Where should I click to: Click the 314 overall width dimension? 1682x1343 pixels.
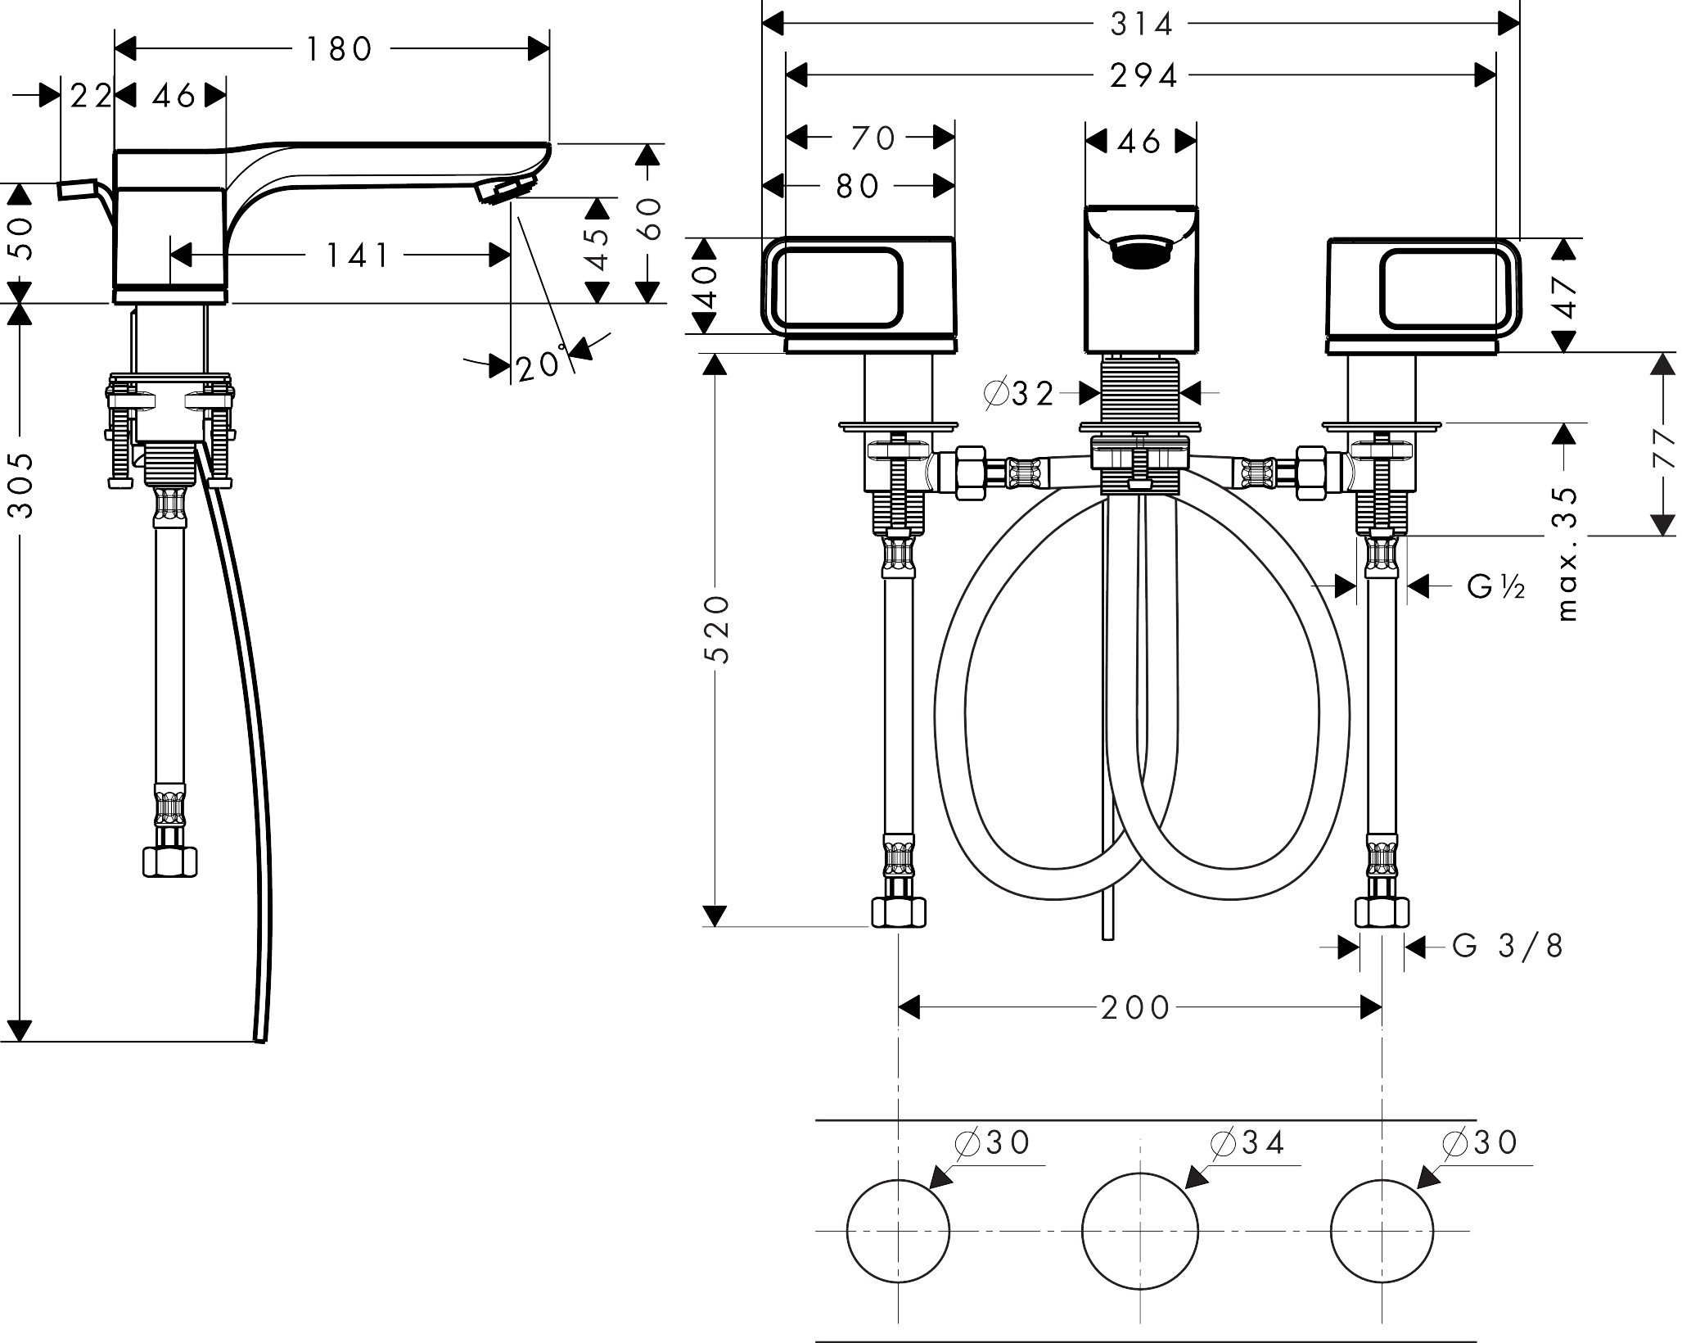pyautogui.click(x=1141, y=25)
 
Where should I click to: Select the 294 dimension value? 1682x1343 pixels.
pyautogui.click(x=1143, y=76)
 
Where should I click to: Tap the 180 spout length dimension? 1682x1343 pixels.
pyautogui.click(x=340, y=50)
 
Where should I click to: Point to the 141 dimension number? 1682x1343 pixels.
pyautogui.click(x=358, y=256)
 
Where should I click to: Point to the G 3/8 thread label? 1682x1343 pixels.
pyautogui.click(x=1507, y=947)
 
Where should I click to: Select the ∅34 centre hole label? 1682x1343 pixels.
pyautogui.click(x=1247, y=1143)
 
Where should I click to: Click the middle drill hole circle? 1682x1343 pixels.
pyautogui.click(x=1139, y=1230)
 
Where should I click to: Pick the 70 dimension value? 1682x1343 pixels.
pyautogui.click(x=873, y=139)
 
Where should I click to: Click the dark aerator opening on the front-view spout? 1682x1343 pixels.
pyautogui.click(x=1141, y=250)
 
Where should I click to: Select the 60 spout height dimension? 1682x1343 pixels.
pyautogui.click(x=650, y=219)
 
